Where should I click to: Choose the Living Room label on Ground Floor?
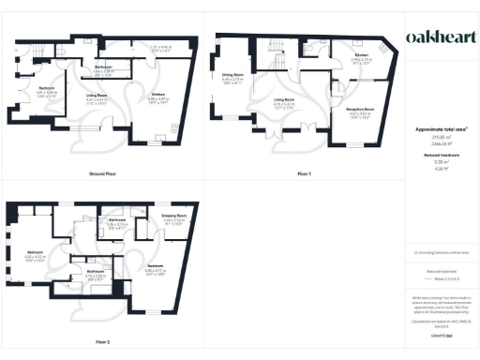[x=97, y=96]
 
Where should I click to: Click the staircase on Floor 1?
[x=276, y=46]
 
